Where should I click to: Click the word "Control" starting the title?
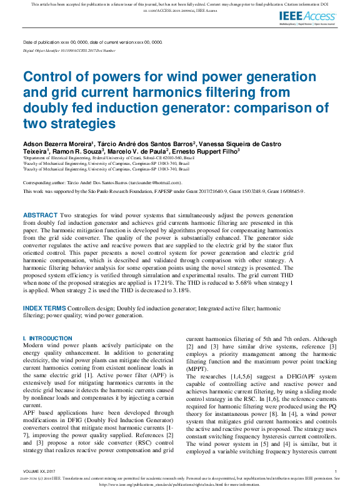pyautogui.click(x=45, y=77)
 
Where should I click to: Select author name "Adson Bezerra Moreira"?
pyautogui.click(x=58, y=144)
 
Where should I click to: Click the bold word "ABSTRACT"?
pyautogui.click(x=39, y=215)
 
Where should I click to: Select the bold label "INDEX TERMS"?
pyautogui.click(x=44, y=308)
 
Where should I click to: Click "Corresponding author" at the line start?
pyautogui.click(x=47, y=182)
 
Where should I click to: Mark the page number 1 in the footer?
pyautogui.click(x=336, y=471)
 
